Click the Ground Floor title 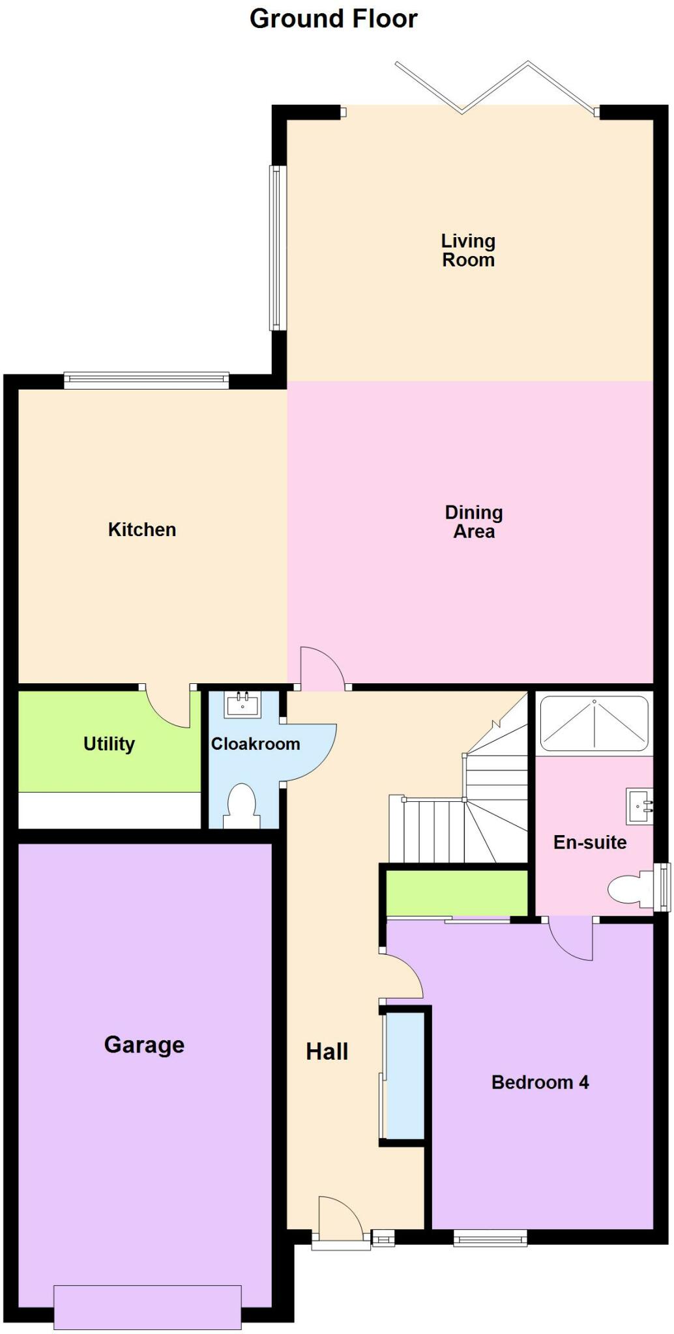pos(333,19)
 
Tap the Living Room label pos(468,251)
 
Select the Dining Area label pos(474,522)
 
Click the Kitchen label pos(142,530)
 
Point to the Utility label pos(109,744)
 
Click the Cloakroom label pos(255,744)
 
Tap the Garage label pos(144,1045)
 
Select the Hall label pos(327,1051)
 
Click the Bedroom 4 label pos(540,1083)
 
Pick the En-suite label pos(590,842)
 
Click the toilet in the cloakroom pos(241,806)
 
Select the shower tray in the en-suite pos(594,724)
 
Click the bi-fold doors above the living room pos(495,88)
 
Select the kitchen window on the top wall pos(147,380)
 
